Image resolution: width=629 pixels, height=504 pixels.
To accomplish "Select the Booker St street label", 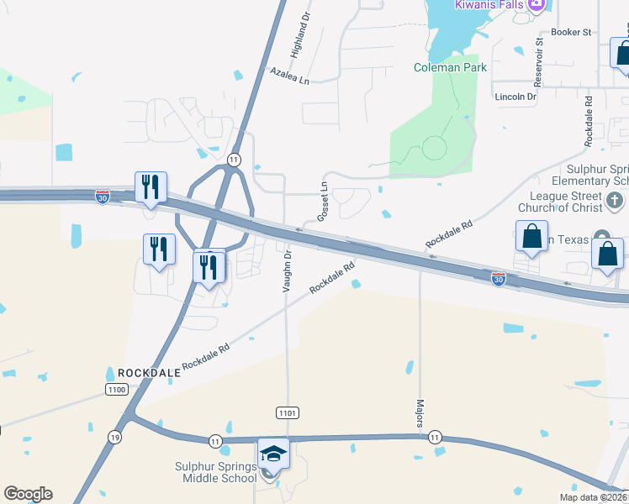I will (x=571, y=32).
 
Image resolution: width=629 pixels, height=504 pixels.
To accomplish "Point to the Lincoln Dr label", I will (x=515, y=97).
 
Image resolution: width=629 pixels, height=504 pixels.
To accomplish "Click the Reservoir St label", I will (x=540, y=63).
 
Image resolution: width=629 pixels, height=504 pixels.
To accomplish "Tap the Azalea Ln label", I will (x=289, y=76).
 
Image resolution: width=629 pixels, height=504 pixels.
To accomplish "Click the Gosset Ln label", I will (x=322, y=202).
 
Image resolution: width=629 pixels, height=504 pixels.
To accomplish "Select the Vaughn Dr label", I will (x=287, y=270).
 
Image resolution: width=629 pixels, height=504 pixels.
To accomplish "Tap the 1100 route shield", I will (x=116, y=389).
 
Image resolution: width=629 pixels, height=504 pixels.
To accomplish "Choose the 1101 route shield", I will (x=287, y=412).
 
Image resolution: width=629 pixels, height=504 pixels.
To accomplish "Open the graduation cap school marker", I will (x=273, y=454).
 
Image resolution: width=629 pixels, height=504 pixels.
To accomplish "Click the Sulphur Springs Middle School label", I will (x=215, y=472).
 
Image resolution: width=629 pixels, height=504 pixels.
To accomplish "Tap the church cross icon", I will (x=615, y=201).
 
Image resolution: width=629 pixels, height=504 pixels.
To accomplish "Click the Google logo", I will (x=28, y=494).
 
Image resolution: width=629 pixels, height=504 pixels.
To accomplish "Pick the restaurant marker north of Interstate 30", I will (x=151, y=186).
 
